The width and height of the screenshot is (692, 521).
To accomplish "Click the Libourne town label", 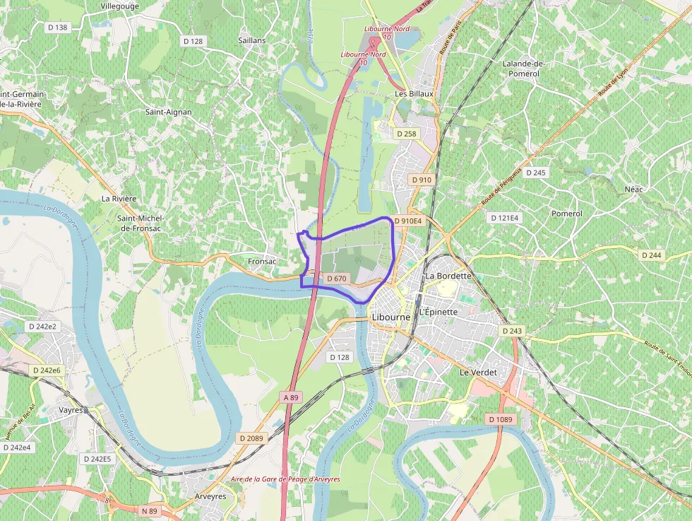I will [390, 317].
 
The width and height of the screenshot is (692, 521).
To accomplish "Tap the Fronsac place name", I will [262, 262].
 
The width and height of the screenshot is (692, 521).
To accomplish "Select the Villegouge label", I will [120, 6].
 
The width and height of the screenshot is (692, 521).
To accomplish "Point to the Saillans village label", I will [252, 40].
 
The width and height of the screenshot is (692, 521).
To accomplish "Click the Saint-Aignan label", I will [168, 112].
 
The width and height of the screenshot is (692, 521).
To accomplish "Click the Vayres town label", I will [71, 410].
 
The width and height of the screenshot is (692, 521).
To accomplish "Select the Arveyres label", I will [210, 497].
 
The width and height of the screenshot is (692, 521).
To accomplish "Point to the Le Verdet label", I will [478, 372].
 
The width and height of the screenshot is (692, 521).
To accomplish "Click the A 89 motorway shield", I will [291, 397].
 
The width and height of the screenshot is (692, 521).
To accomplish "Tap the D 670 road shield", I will [337, 279].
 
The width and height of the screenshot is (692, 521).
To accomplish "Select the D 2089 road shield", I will [251, 438].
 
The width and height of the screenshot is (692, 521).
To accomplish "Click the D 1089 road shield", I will [501, 420].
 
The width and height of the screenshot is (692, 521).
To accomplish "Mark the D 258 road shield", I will [407, 134].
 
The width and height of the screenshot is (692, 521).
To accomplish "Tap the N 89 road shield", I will [149, 510].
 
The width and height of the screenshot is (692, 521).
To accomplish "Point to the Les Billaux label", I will [414, 93].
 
